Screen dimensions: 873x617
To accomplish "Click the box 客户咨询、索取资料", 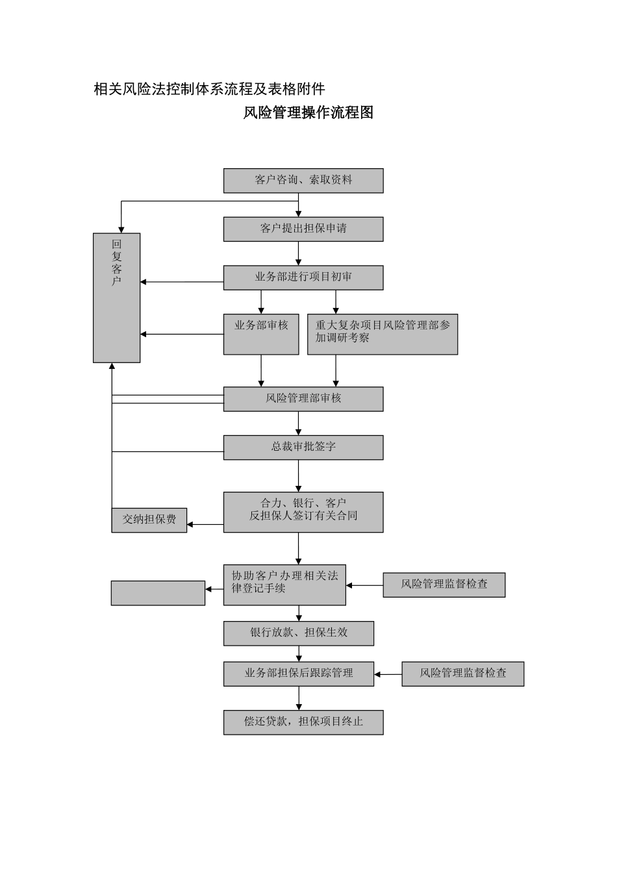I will [303, 181].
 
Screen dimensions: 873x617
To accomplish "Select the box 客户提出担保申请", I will [303, 229].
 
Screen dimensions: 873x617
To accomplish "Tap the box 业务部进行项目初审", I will [303, 277].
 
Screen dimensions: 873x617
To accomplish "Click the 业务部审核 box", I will [261, 334].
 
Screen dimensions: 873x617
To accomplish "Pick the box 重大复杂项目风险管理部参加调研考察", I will [382, 334].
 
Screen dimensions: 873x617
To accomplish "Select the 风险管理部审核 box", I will [303, 399].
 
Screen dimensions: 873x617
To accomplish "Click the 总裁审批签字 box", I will [303, 448].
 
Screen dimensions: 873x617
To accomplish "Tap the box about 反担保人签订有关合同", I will [303, 512].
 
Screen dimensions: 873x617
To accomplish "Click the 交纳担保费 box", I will [149, 520].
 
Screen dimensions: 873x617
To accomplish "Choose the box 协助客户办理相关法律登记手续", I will [284, 585].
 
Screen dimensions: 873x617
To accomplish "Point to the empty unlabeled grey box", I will [158, 593].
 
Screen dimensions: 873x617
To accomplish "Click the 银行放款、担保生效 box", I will [299, 633].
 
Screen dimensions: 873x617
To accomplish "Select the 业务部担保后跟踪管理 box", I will [299, 674].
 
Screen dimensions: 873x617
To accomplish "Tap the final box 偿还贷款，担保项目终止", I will [303, 722].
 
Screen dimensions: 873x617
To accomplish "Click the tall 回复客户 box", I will [117, 297].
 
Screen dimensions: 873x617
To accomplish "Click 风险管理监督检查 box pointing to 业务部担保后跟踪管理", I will [462, 674].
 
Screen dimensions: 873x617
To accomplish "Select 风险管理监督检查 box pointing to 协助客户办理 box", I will [444, 585].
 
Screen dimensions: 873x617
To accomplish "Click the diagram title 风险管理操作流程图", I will [308, 112].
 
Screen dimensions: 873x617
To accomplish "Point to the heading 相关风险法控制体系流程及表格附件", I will [209, 89].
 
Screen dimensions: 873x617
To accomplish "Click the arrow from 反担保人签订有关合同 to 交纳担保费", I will [205, 524].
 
